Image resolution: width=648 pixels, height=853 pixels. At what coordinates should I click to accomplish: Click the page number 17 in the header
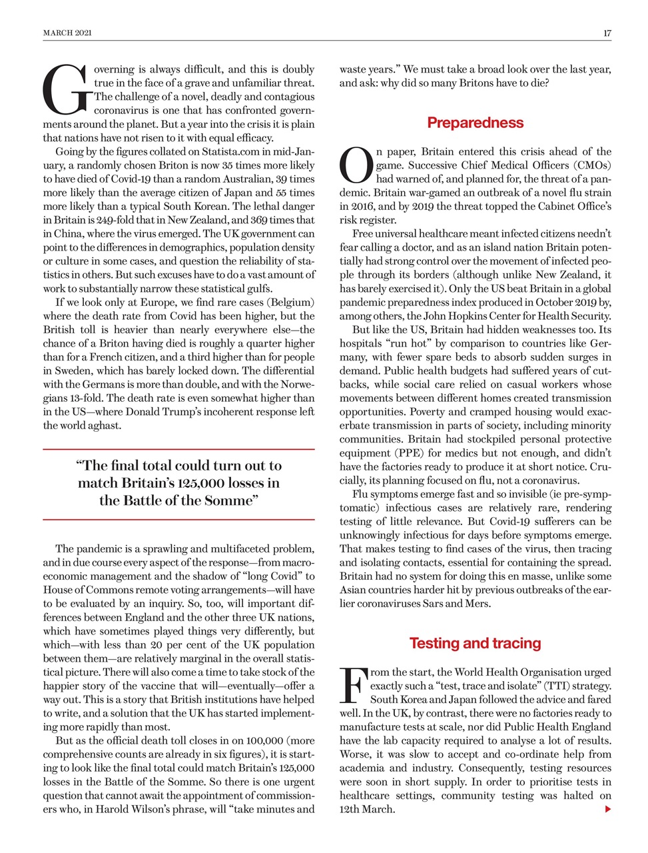coord(607,33)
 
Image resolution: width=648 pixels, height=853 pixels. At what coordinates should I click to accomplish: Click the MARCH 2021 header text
coord(67,33)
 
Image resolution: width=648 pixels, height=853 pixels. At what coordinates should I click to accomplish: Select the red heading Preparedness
coord(475,123)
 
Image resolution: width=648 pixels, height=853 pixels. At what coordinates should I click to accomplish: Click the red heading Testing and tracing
coord(475,644)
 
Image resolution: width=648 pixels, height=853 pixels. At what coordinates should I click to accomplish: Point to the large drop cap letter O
coord(356,166)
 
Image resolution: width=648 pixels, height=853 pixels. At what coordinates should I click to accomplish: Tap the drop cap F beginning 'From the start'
coord(352,686)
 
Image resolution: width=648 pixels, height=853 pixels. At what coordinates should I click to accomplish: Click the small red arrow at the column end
coord(607,810)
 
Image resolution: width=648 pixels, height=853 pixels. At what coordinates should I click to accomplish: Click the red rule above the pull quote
coord(178,450)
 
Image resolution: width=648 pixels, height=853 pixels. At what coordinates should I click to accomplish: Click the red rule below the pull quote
coord(178,519)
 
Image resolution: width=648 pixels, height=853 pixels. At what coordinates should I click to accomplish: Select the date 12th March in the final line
coord(367,810)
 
